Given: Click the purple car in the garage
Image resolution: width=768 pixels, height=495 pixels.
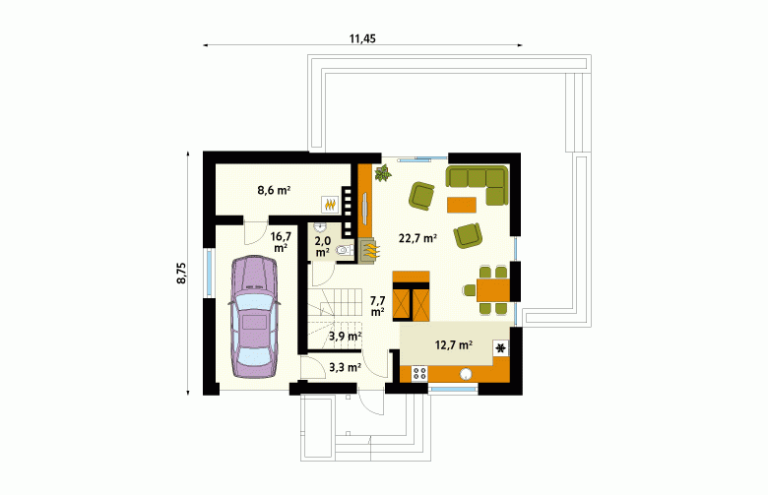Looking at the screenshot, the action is tap(254, 317).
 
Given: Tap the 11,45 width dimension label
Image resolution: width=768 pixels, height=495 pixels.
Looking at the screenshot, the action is tap(362, 38).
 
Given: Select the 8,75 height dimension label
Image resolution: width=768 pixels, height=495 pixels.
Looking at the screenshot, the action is tap(182, 274).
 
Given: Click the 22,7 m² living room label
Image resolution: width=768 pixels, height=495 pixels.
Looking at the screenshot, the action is tap(417, 238).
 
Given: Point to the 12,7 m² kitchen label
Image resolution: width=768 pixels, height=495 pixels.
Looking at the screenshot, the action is tap(454, 345).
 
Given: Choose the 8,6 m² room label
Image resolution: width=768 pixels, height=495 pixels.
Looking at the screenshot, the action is tap(275, 190).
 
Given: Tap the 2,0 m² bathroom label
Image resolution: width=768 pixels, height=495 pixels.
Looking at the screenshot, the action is tap(323, 246).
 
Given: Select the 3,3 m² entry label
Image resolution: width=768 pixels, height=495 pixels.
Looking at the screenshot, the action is tap(345, 367).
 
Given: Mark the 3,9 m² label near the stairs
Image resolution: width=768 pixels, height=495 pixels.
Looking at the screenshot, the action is tap(345, 337).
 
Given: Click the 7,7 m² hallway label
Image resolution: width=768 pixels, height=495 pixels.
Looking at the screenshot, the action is tap(378, 305).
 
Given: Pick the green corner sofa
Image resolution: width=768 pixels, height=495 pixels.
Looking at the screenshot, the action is tap(477, 185).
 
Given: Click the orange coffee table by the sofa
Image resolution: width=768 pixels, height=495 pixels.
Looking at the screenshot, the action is tap(462, 205).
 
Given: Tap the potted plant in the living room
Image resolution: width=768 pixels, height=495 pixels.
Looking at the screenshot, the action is tap(383, 173).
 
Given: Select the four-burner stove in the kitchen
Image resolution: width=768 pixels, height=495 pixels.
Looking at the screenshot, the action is tap(419, 374).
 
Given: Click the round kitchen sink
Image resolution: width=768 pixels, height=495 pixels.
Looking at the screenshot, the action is tap(466, 374).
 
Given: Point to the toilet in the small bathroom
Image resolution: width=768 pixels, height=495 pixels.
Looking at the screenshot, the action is tap(345, 251).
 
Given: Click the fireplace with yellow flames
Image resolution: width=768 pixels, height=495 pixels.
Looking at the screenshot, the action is tap(367, 251).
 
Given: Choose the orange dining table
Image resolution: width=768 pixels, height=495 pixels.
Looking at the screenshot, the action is tap(493, 290).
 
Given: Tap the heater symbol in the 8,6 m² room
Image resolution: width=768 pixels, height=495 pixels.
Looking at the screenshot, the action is tap(330, 204).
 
